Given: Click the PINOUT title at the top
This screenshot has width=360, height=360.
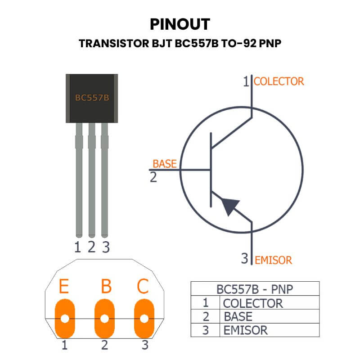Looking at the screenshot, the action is (180, 24).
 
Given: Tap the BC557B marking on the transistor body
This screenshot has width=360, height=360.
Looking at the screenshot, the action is (92, 98).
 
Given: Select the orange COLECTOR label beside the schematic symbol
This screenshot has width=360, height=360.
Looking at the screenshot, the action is (279, 81).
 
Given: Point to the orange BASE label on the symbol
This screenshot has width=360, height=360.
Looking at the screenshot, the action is (165, 164).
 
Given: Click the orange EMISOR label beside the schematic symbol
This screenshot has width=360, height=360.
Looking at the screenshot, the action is (274, 261).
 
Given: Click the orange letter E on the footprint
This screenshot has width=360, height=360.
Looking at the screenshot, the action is (64, 286).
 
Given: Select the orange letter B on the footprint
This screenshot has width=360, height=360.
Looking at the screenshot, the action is (106, 286).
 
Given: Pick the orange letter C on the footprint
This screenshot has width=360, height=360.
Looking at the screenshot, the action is (143, 286).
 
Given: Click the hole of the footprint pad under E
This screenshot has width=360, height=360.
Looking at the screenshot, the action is (65, 319).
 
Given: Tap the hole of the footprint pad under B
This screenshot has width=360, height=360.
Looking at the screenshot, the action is (105, 319).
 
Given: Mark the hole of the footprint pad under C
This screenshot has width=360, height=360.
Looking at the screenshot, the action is (144, 319).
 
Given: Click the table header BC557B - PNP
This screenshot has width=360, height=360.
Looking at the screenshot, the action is (255, 289).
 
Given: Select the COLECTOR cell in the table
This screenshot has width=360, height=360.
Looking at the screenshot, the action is (253, 303).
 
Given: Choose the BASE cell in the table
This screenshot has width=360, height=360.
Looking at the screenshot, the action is (238, 317).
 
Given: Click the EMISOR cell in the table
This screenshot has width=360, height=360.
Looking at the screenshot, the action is (245, 330).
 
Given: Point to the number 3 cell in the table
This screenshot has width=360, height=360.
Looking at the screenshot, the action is (206, 330).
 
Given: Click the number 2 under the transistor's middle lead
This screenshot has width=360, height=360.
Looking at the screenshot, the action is (92, 247).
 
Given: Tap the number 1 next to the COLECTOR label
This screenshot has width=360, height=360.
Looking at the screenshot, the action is (246, 81).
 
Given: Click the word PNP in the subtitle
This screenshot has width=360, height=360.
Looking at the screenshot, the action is (270, 43).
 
